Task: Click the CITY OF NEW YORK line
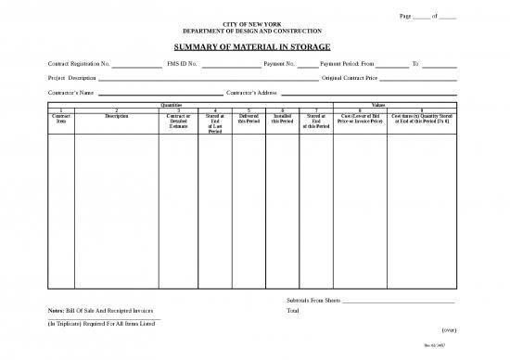[254, 22]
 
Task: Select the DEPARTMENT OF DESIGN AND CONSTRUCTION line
[254, 31]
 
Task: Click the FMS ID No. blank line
[231, 65]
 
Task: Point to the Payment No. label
[279, 63]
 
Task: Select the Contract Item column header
[61, 119]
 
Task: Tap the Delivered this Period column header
[249, 119]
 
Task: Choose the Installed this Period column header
[282, 119]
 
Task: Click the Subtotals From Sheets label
[315, 302]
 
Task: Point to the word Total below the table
[293, 311]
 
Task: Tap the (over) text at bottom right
[447, 329]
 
